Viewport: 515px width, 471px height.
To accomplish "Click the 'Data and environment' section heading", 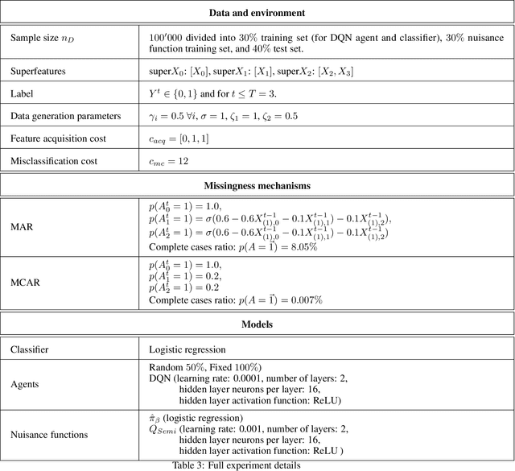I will point(257,14).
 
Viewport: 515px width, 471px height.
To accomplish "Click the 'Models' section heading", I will point(257,324).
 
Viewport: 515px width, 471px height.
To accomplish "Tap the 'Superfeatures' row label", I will point(39,71).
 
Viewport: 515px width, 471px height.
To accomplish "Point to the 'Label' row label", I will point(23,93).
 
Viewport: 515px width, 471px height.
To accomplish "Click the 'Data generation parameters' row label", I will point(66,116).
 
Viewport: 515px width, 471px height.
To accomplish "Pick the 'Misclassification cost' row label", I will point(54,161).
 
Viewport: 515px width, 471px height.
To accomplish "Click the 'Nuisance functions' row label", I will point(49,435).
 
